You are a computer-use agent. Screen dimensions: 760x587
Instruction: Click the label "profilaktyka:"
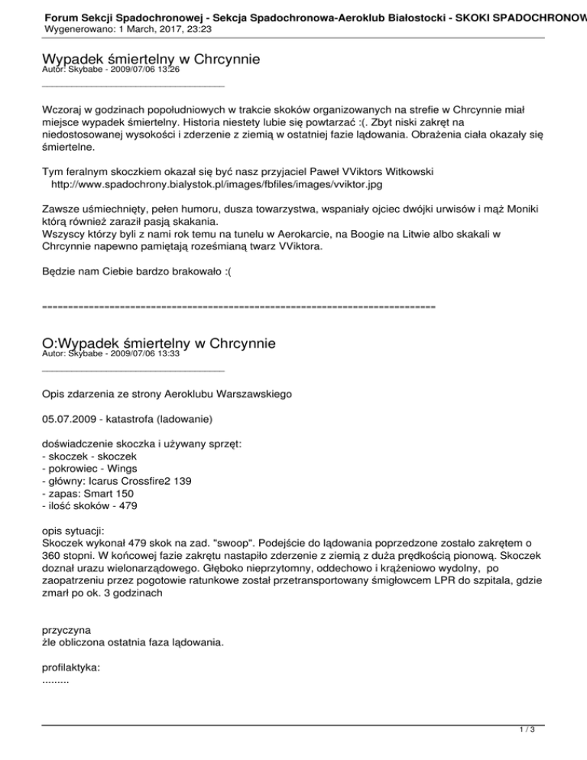(x=70, y=667)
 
